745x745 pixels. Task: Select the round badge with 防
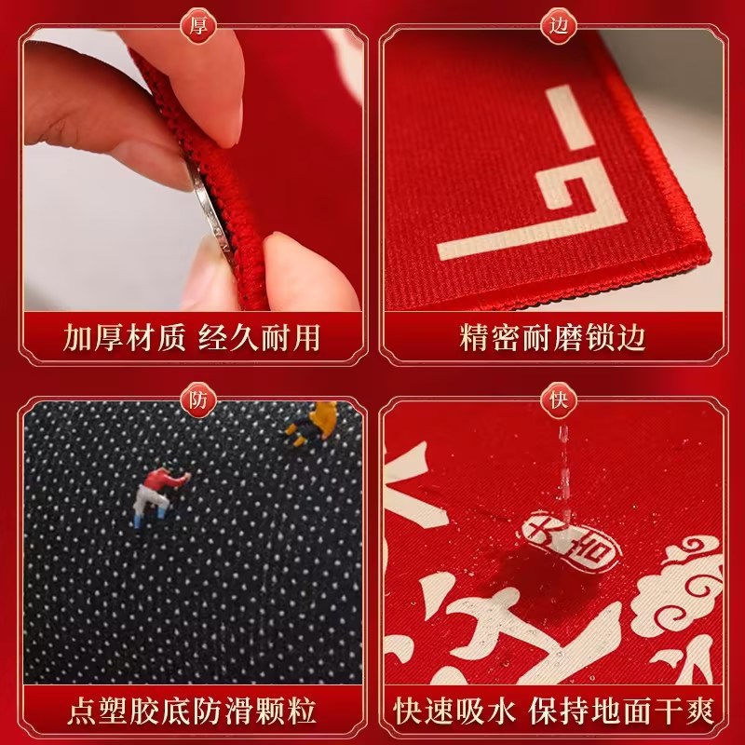[198, 400]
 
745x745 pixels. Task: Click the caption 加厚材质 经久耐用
[192, 336]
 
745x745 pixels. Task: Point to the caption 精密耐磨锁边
[554, 336]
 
